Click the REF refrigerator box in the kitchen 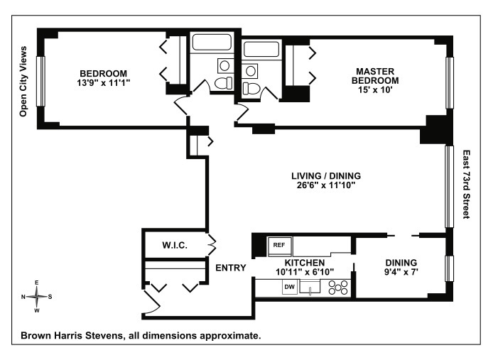278,245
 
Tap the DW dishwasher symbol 290,287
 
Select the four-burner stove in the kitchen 337,288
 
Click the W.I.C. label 174,246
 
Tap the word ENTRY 230,268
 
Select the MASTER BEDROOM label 376,75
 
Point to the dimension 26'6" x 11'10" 327,185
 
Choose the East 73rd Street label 467,183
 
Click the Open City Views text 23,82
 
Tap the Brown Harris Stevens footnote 141,335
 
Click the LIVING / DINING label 327,175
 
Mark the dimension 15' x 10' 376,89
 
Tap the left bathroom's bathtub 211,42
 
